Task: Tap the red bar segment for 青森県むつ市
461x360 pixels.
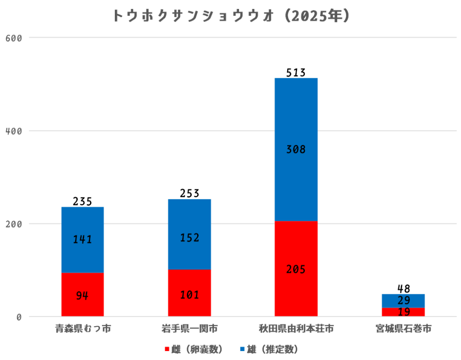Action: point(82,295)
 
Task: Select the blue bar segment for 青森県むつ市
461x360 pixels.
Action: point(82,239)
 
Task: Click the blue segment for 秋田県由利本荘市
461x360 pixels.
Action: point(296,149)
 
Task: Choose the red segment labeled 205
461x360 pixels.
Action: point(296,269)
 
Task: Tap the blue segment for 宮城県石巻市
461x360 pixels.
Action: point(403,301)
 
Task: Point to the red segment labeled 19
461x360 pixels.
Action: point(403,312)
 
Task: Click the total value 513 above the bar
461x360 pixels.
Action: point(296,72)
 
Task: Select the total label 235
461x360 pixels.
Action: point(82,201)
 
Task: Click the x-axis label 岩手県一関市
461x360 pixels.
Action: point(189,329)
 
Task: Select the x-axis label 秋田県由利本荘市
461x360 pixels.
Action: point(296,329)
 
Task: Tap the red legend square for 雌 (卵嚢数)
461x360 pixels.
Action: point(167,349)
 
